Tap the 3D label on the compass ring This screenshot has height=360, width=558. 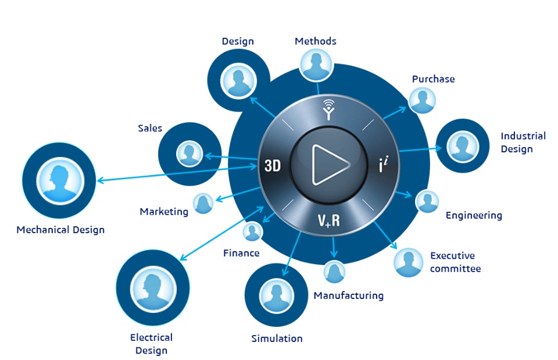(x=273, y=166)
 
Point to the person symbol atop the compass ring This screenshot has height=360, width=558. (x=329, y=109)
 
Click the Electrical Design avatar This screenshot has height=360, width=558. (x=153, y=287)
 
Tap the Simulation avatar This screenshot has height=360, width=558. (x=276, y=295)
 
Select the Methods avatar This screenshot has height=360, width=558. (x=316, y=64)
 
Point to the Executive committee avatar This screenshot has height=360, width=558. (x=408, y=263)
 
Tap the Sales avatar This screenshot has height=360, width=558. (x=189, y=154)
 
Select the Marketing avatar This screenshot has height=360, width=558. (x=203, y=204)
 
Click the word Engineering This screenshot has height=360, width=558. (x=474, y=216)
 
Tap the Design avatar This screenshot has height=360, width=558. (x=238, y=80)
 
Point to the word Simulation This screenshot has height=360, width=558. (x=277, y=338)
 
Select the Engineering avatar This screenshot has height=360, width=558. (x=428, y=202)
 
